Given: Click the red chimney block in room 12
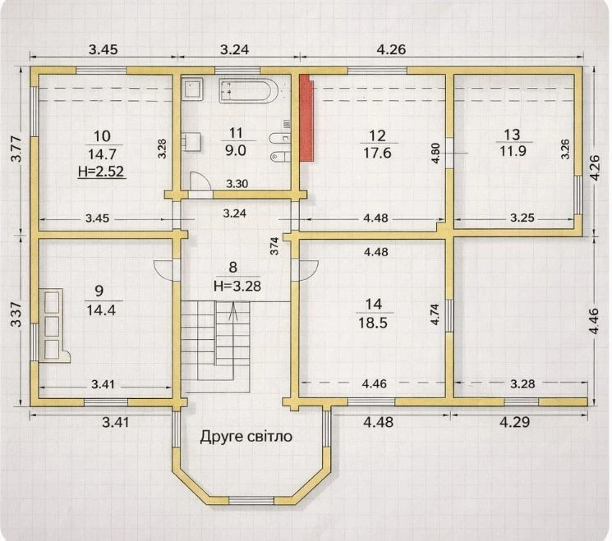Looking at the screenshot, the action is pos(306,117).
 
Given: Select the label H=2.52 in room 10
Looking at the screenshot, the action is pos(101,172).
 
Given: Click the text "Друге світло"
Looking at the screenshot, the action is pos(246,437).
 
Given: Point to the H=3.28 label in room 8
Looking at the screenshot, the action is pos(237,286).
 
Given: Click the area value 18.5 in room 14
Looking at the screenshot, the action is pos(373,323).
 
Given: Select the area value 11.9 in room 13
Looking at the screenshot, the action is pos(513,151).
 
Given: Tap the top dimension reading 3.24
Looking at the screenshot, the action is pos(235,49).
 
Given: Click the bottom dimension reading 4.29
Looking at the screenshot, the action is pos(515,422).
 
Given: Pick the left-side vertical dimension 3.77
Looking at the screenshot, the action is pos(17,149).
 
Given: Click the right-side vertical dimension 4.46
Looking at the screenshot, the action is pos(593,321).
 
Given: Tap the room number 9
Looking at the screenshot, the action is pos(99,291).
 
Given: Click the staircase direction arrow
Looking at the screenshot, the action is pos(233,312).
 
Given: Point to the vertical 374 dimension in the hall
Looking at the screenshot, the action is pos(274,246).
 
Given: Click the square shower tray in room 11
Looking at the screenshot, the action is pos(193,89).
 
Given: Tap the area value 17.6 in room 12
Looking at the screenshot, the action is pos(377,153).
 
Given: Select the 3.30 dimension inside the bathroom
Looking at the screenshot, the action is pos(237,184).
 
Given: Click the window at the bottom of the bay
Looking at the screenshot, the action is pos(251,501).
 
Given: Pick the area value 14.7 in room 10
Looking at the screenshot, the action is pos(102,154).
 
